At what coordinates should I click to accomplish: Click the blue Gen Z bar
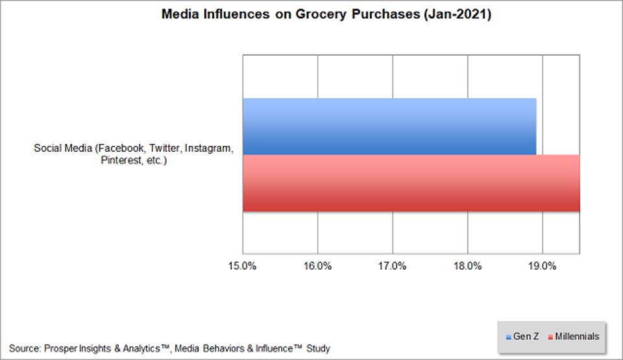389,126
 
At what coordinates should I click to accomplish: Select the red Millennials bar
411,183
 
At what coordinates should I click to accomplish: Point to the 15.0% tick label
243,266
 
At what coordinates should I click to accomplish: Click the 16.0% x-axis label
317,266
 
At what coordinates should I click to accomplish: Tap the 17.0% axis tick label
392,266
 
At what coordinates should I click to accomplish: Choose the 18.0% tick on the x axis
467,266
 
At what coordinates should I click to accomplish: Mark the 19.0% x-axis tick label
542,266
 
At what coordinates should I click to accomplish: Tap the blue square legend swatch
509,337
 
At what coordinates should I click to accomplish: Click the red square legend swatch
550,337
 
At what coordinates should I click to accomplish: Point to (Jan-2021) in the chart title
457,15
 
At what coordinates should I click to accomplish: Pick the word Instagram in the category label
207,149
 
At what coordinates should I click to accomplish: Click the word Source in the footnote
24,348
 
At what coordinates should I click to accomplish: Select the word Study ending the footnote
318,348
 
